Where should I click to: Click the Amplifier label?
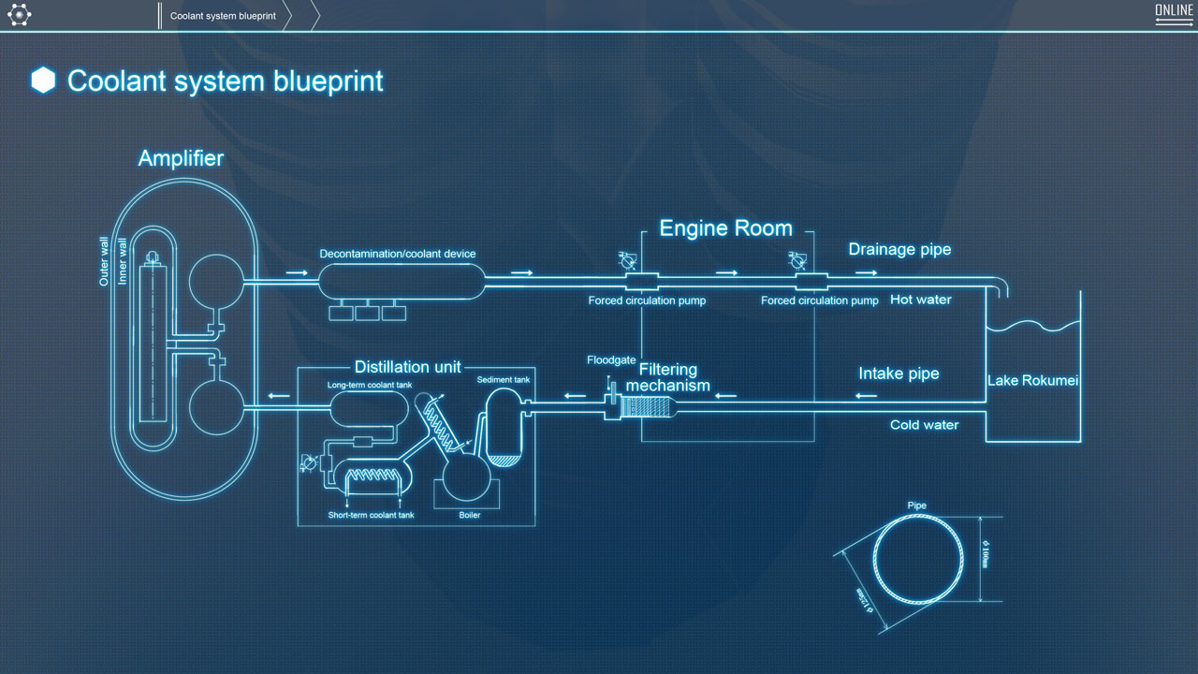(x=181, y=158)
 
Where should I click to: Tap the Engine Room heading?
(x=725, y=228)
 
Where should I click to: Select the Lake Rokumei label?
(x=1033, y=381)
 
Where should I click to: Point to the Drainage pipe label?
(x=899, y=249)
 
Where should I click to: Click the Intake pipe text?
(x=898, y=374)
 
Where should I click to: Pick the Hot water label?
(x=921, y=300)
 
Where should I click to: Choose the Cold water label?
(x=924, y=425)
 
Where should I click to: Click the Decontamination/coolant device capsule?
(x=402, y=281)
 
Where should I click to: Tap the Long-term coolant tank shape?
(x=369, y=407)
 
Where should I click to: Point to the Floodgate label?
(x=611, y=359)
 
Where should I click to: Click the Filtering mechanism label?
(x=668, y=377)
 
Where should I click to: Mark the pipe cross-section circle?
(x=918, y=560)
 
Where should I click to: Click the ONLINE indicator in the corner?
(x=1174, y=12)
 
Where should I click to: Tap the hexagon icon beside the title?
(x=43, y=81)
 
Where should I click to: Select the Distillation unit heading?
(x=407, y=367)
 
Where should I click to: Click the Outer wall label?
(x=105, y=260)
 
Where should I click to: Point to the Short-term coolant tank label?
(x=371, y=515)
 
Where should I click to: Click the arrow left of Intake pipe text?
(x=867, y=395)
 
